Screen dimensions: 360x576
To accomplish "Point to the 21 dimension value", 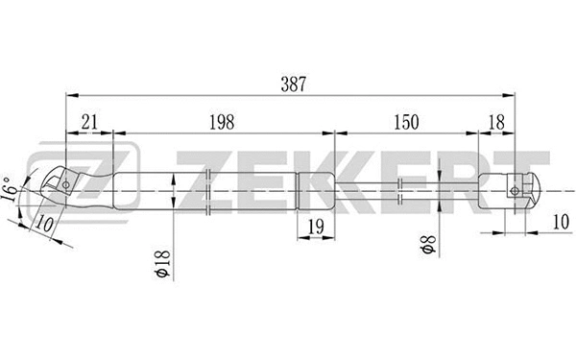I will pos(88,122).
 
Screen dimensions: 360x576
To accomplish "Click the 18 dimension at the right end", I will pos(496,122).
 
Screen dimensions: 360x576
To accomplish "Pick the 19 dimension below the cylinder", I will pos(313,227).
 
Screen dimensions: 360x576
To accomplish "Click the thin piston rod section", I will pos(403,189).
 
